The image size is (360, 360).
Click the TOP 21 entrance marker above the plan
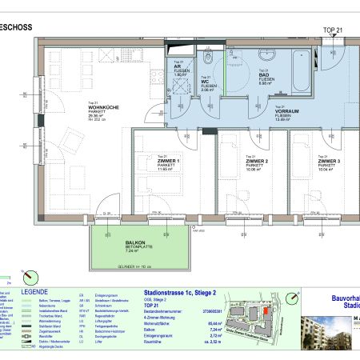pyautogui.click(x=332, y=30)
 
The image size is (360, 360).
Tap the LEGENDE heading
pyautogui.click(x=35, y=292)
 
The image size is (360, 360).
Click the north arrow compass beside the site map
pyautogui.click(x=293, y=299)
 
